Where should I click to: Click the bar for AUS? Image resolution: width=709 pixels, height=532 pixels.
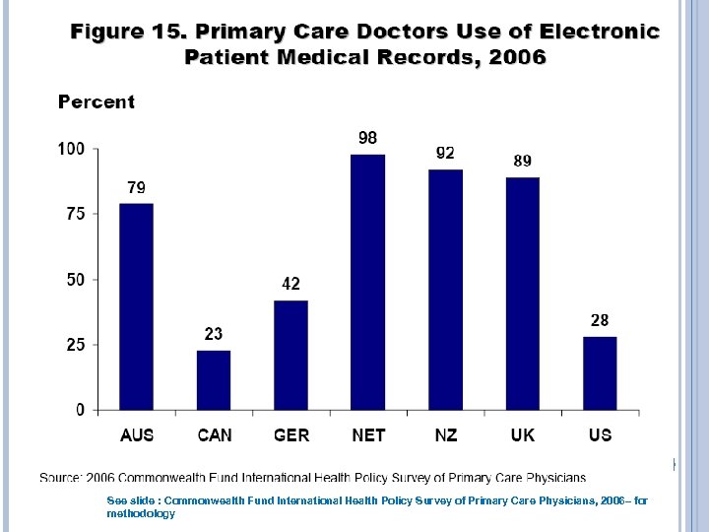click(x=136, y=306)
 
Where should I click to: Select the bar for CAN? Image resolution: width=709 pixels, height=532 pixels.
click(x=214, y=379)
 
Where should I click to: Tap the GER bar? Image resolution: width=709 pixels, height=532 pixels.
click(x=290, y=355)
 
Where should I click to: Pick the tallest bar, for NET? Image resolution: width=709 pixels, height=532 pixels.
click(x=368, y=282)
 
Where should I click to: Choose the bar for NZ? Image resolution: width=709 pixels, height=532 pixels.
click(x=445, y=290)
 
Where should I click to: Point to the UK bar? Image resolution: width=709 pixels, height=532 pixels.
click(x=522, y=294)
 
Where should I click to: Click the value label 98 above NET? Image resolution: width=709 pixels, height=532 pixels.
click(x=366, y=138)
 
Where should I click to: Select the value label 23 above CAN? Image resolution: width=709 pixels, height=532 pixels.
click(x=214, y=334)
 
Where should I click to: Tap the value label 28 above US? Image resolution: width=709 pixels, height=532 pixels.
click(x=600, y=320)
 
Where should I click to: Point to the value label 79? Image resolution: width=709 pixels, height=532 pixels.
click(x=137, y=187)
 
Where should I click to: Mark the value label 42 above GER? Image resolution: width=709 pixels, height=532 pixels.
click(x=290, y=284)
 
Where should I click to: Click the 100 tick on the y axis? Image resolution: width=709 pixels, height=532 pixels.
click(x=72, y=150)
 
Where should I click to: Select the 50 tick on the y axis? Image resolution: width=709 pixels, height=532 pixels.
click(x=76, y=280)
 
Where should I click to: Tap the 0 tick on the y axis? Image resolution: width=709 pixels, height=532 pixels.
click(x=81, y=410)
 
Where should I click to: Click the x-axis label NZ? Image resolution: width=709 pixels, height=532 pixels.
click(x=445, y=434)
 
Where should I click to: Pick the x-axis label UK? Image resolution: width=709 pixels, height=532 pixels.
click(x=522, y=434)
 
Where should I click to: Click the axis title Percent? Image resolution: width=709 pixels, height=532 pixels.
click(x=97, y=101)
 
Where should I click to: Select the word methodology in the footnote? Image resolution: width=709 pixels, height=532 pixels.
click(x=141, y=513)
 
